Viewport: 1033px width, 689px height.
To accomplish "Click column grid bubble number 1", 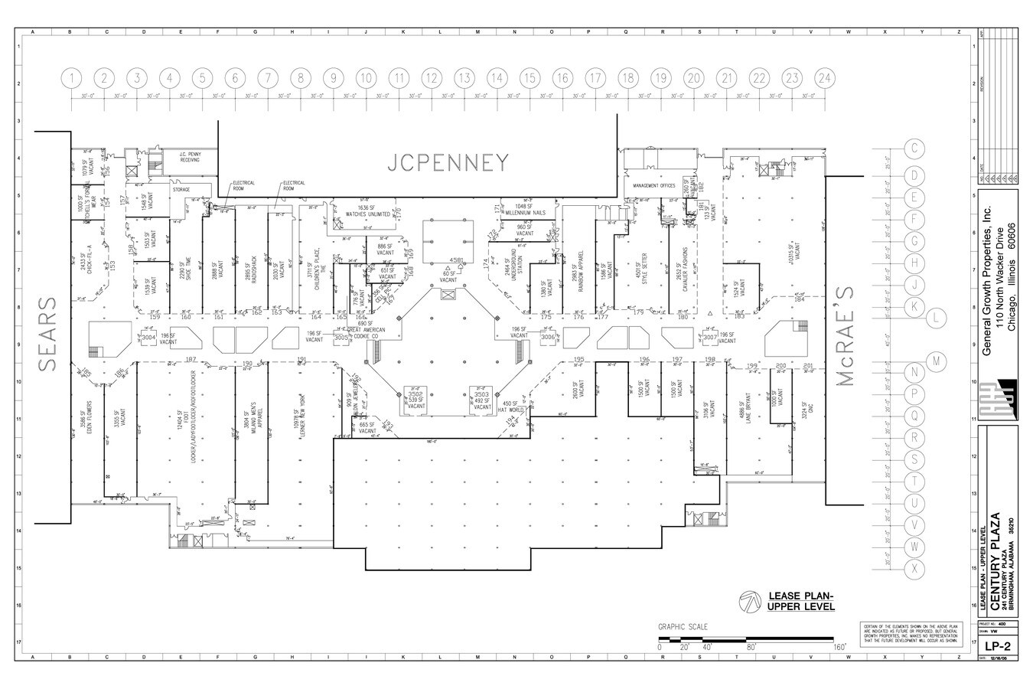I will tap(72, 78).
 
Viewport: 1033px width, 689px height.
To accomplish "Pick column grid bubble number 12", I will tap(432, 78).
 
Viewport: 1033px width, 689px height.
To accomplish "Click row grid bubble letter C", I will tap(914, 148).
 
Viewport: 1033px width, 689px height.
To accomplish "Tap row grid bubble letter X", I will tap(914, 569).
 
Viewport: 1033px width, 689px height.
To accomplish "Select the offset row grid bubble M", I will tap(936, 361).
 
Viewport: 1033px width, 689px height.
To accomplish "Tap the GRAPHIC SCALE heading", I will tap(683, 627).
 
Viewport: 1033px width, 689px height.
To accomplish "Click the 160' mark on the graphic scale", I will tap(839, 648).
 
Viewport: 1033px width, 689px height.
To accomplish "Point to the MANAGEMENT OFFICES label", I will tap(649, 185).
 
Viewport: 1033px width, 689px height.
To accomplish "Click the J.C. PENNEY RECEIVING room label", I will tap(190, 157).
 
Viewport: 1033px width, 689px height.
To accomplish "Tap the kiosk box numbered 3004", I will tap(148, 337).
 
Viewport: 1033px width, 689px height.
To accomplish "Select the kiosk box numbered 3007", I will tap(709, 337).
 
